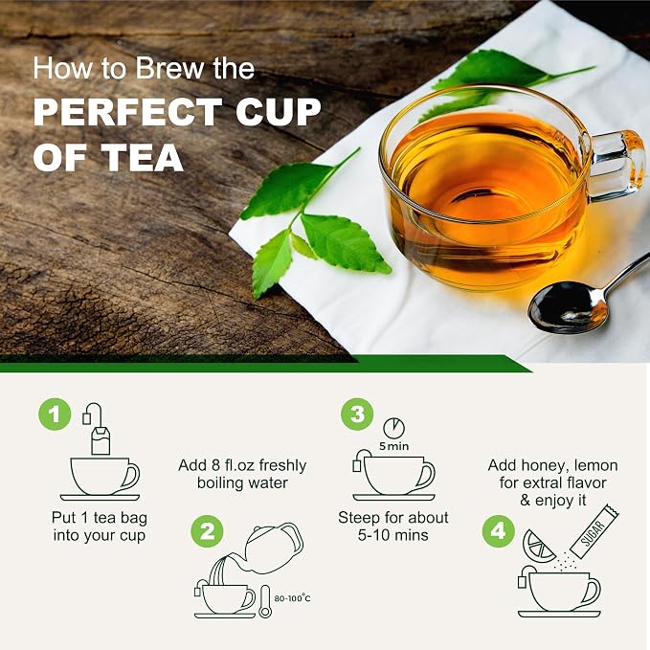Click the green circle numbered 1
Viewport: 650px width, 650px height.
pyautogui.click(x=55, y=415)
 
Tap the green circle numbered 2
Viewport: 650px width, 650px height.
pyautogui.click(x=208, y=531)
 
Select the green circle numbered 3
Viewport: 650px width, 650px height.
pyautogui.click(x=357, y=415)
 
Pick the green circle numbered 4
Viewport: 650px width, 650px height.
pyautogui.click(x=499, y=531)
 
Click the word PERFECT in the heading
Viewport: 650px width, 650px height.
pyautogui.click(x=127, y=112)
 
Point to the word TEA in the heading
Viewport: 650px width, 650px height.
pyautogui.click(x=143, y=158)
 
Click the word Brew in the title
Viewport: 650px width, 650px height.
pyautogui.click(x=171, y=69)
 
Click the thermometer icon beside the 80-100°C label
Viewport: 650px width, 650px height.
pyautogui.click(x=264, y=601)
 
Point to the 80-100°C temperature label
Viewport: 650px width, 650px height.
pyautogui.click(x=292, y=598)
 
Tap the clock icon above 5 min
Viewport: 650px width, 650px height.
pyautogui.click(x=393, y=428)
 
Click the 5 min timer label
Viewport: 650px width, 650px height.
pyautogui.click(x=393, y=446)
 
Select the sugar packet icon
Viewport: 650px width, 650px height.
pyautogui.click(x=594, y=531)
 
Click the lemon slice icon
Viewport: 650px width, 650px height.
pyautogui.click(x=537, y=547)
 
